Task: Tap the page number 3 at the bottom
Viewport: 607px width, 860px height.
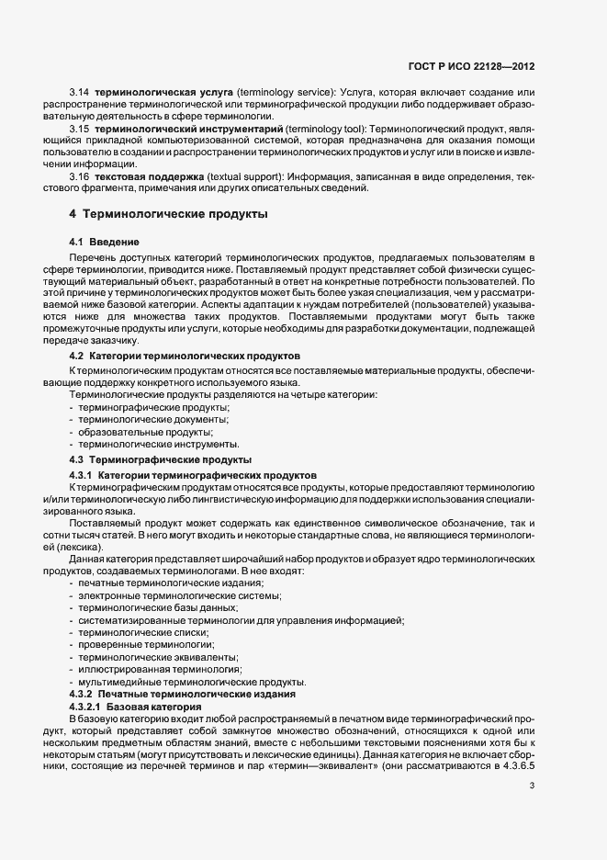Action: pos(532,786)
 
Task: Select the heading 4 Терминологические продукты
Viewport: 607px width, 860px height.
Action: pos(169,215)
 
